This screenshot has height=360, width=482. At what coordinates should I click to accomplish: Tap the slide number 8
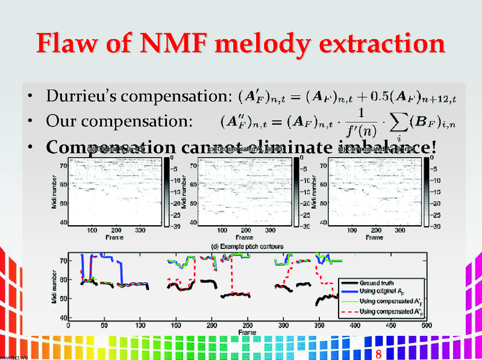[378, 353]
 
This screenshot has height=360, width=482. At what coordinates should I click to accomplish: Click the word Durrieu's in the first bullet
[86, 96]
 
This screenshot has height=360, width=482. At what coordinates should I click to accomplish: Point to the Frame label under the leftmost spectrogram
[115, 237]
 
